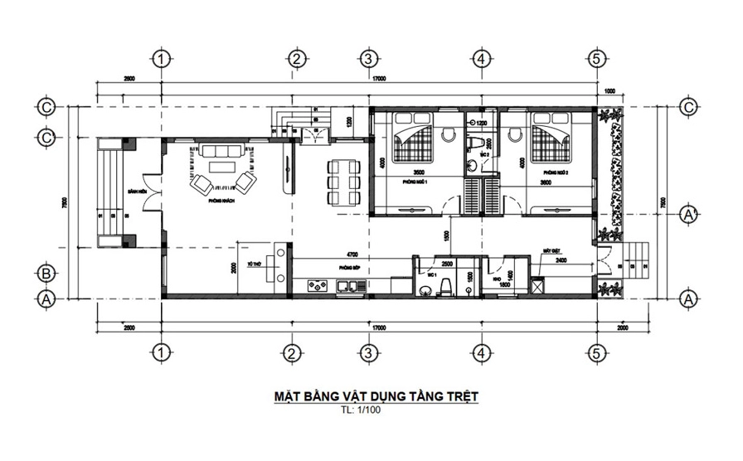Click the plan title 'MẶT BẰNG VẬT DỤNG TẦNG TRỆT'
tap(376, 396)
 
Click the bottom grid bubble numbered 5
tap(596, 353)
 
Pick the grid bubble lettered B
tap(47, 272)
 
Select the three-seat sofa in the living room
tap(221, 151)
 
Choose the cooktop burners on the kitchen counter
tap(317, 287)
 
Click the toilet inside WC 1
tap(445, 286)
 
